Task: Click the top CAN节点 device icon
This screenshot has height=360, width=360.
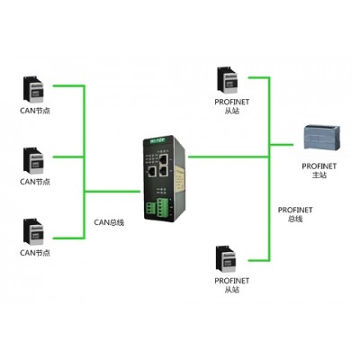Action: (x=33, y=90)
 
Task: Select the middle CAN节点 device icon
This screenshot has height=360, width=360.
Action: (x=33, y=160)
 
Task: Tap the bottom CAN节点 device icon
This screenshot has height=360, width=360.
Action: (x=33, y=231)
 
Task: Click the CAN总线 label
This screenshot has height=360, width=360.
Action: (x=109, y=222)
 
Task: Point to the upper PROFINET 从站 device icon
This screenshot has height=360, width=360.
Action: (x=227, y=79)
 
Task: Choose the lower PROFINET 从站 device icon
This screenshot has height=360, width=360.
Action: (x=226, y=258)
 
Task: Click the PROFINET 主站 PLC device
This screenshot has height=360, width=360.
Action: (x=322, y=138)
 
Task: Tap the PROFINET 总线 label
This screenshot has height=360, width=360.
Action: (x=295, y=214)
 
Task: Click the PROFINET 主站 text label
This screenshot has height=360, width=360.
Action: (x=319, y=170)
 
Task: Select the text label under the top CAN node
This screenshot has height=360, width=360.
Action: (x=35, y=111)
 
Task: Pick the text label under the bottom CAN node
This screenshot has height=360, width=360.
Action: (x=35, y=253)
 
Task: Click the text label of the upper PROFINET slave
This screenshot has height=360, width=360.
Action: (x=232, y=106)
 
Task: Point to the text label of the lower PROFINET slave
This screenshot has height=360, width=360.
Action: (x=232, y=285)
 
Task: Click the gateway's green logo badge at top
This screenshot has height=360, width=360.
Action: (x=157, y=139)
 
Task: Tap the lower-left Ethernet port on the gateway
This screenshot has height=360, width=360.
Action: (x=152, y=172)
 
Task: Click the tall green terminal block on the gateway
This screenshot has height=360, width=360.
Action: (x=163, y=207)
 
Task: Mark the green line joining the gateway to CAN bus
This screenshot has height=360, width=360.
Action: (x=112, y=191)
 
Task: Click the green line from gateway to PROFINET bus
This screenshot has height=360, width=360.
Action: (x=229, y=157)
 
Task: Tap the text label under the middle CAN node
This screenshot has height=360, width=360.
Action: (x=35, y=182)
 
